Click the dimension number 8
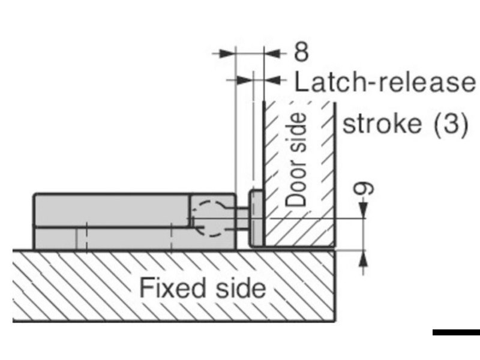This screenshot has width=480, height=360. pos(301,52)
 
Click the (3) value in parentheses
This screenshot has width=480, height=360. pos(445,124)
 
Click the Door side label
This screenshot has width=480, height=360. pos(296,161)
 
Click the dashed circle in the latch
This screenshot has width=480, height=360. pos(208,218)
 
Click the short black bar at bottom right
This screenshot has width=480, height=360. pos(456,332)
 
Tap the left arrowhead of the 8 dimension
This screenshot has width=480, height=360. pos(226,53)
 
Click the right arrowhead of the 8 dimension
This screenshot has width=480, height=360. pos(272,53)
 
